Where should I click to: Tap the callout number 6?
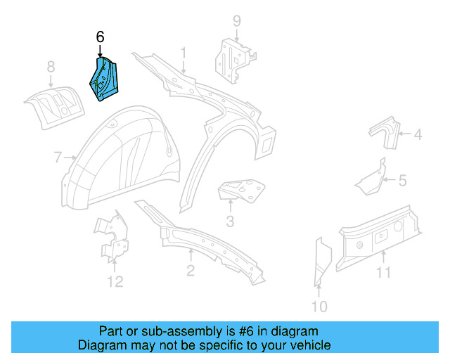pos(100,37)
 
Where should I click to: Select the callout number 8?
pos(51,67)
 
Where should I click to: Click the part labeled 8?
pos(53,105)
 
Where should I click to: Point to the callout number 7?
pos(58,157)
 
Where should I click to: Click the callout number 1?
pos(184,53)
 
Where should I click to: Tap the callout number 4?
pos(417,134)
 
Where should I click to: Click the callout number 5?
pos(402,181)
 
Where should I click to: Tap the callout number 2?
pos(191,271)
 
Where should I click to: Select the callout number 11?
pos(383,272)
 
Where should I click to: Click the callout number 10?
pos(319,306)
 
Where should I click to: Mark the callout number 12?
pos(115,282)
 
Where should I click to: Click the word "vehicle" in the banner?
pos(311,345)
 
